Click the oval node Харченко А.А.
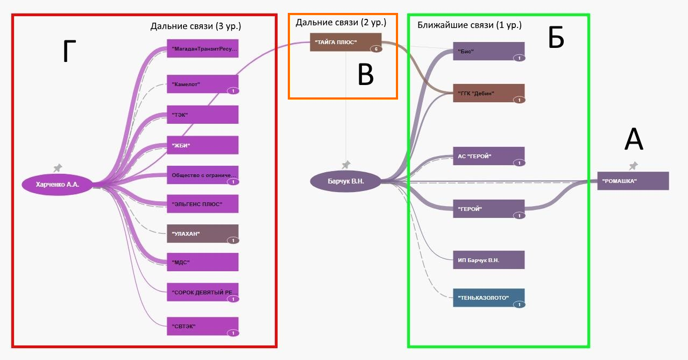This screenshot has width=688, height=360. point(58,185)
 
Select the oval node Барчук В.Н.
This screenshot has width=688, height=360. point(346,181)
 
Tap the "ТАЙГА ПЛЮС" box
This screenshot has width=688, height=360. point(345,42)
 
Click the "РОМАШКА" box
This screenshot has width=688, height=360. point(633,181)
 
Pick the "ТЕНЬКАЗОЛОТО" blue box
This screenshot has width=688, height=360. point(488,298)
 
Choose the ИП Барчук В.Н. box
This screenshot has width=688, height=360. point(488,260)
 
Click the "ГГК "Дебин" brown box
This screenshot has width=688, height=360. point(488,93)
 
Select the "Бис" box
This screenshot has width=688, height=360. point(488,51)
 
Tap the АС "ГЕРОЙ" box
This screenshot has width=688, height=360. point(488,156)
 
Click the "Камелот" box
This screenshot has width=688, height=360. point(202,84)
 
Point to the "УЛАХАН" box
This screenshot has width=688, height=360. point(202,234)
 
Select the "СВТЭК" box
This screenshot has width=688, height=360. point(202,326)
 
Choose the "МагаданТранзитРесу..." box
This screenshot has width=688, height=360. point(202,48)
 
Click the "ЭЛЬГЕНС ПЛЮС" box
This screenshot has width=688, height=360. point(202,204)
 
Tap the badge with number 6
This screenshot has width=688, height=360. point(375,49)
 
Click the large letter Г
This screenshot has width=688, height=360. point(67,53)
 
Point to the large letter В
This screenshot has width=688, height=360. point(366,75)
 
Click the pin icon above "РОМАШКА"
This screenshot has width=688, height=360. point(634,166)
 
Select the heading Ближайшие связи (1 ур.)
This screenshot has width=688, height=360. point(469,25)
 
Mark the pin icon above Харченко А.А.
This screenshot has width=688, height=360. point(58,168)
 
